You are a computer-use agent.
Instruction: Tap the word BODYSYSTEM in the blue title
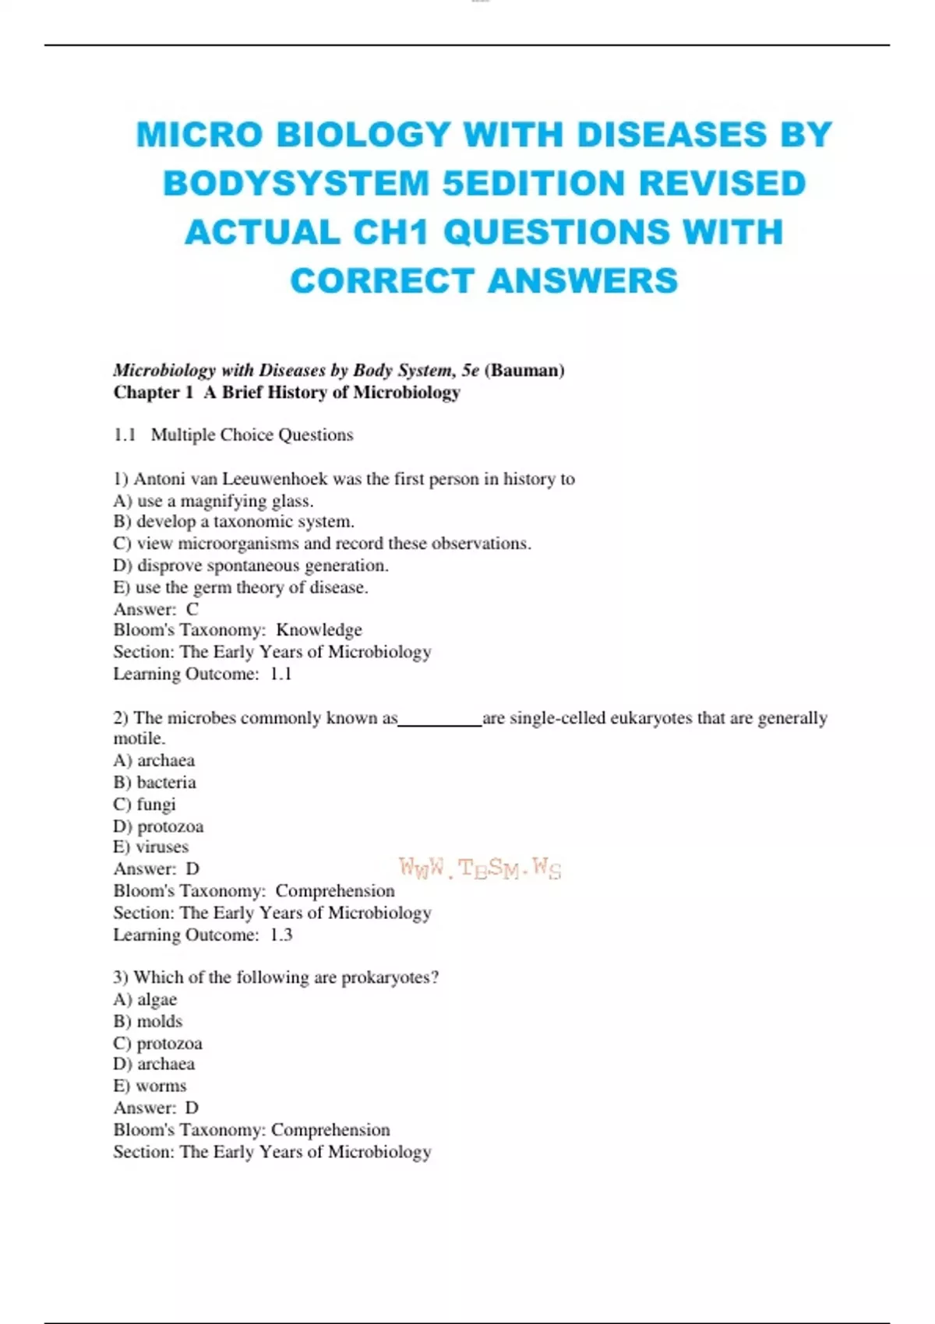pyautogui.click(x=295, y=184)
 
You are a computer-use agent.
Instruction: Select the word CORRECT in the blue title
pyautogui.click(x=382, y=281)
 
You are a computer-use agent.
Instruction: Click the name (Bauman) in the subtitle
pyautogui.click(x=524, y=370)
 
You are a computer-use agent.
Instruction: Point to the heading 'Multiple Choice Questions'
pyautogui.click(x=252, y=435)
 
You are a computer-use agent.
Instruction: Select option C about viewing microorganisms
pyautogui.click(x=322, y=544)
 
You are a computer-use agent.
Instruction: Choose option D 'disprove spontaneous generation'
pyautogui.click(x=250, y=565)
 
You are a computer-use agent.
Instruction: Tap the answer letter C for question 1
pyautogui.click(x=192, y=609)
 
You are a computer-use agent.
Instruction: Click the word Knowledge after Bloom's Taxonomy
pyautogui.click(x=319, y=630)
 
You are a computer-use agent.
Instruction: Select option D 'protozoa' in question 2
pyautogui.click(x=158, y=826)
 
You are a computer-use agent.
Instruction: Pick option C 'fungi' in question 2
pyautogui.click(x=145, y=805)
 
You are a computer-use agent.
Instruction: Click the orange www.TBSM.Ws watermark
pyautogui.click(x=480, y=868)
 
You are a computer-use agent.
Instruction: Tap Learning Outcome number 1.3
pyautogui.click(x=281, y=935)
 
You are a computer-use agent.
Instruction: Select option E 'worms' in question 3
pyautogui.click(x=150, y=1086)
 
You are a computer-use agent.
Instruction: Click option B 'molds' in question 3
pyautogui.click(x=148, y=1021)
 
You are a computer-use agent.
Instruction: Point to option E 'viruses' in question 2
pyautogui.click(x=150, y=847)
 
